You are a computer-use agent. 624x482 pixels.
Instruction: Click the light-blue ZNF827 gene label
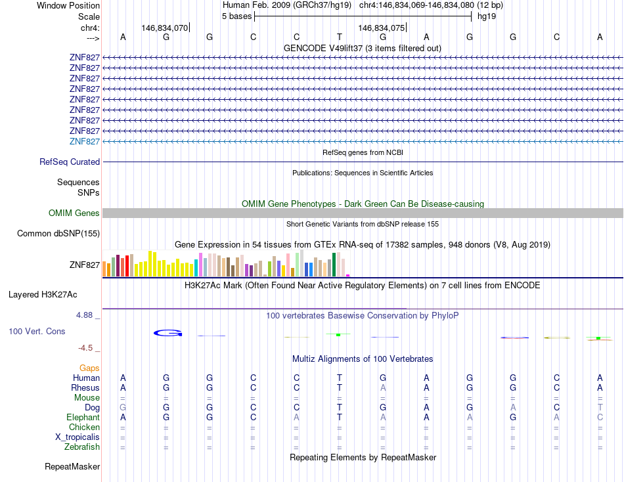coord(85,141)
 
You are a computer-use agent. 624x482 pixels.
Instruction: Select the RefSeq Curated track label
coord(70,162)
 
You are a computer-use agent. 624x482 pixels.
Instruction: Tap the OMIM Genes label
coord(74,213)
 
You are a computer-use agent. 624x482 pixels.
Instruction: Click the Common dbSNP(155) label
coord(58,233)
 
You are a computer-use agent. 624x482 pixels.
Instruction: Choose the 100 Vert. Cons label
coord(37,331)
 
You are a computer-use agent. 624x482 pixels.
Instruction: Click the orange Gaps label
coord(89,368)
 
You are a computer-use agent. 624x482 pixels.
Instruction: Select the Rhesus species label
coord(85,387)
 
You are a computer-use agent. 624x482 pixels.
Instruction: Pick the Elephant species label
coord(83,417)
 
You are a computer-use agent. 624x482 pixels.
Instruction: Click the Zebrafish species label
coord(81,447)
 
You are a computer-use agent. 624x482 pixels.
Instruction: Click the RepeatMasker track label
coord(72,466)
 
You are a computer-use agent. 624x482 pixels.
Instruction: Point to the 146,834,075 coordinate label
coord(381,28)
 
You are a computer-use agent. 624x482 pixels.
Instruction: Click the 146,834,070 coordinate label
coord(165,28)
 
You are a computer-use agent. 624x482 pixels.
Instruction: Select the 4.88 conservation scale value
coord(86,315)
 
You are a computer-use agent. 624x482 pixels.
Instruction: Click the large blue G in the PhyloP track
coord(167,333)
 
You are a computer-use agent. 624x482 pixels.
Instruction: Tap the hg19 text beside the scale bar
coord(487,16)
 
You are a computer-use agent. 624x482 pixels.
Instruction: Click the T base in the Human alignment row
coord(339,378)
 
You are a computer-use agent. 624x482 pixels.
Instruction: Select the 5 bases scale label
coord(236,16)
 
